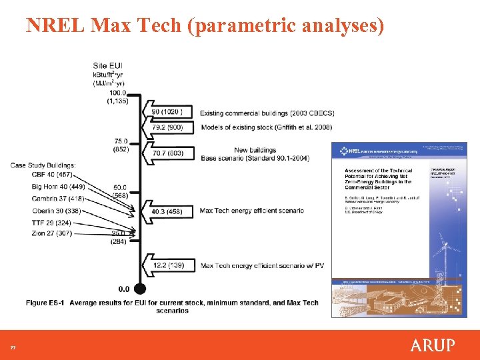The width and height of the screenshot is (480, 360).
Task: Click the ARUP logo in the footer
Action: point(432,345)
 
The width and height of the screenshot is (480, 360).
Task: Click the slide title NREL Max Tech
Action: point(205,25)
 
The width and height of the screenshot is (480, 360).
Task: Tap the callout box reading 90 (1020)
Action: point(172,112)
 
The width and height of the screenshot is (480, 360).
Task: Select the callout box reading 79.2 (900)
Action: point(172,127)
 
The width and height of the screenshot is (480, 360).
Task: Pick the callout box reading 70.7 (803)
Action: point(172,153)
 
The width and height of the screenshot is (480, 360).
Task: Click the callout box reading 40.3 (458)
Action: point(172,211)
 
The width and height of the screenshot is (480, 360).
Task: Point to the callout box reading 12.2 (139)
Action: point(172,265)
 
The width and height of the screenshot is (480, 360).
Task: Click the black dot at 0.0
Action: point(140,289)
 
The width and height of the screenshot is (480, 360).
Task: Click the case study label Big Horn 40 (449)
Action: point(58,187)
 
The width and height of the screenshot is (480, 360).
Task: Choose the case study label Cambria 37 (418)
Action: point(57,199)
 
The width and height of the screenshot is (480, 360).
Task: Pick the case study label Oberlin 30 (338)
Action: point(56,211)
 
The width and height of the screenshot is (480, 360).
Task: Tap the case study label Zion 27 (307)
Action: point(51,233)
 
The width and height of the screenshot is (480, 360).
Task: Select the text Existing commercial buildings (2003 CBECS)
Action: point(267,113)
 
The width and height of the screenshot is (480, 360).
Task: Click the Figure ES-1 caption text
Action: point(172,307)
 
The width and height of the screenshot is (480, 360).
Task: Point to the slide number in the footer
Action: point(12,347)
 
